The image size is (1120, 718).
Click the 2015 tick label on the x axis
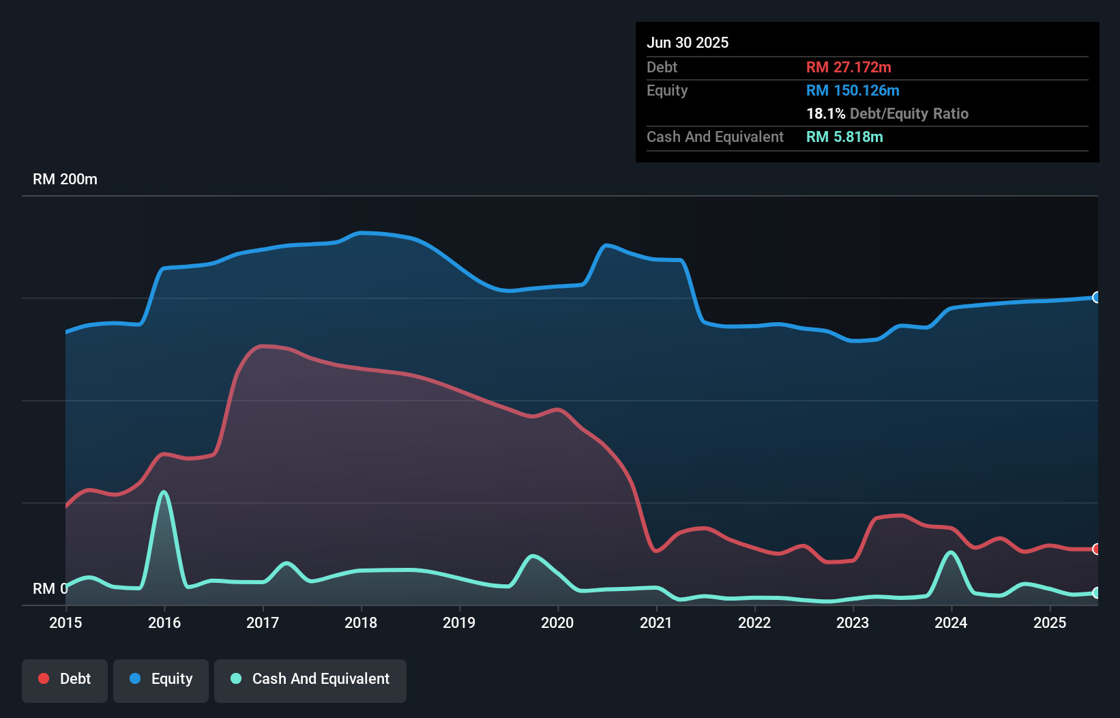pos(65,622)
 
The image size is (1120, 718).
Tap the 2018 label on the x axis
pos(361,622)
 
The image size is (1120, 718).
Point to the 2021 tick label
pos(656,622)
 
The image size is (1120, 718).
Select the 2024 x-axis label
pos(951,622)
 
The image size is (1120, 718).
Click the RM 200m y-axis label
pos(65,179)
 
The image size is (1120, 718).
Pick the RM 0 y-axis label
pos(50,588)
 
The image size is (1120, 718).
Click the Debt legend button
pos(65,679)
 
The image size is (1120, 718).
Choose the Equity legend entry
pos(161,679)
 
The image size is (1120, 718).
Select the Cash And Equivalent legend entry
pos(310,679)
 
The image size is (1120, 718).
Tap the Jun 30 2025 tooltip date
pos(688,42)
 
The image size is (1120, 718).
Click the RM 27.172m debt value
pos(849,67)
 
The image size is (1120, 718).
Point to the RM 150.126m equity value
pos(853,90)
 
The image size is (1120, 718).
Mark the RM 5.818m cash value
pos(844,137)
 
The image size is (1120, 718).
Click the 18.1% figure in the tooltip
pos(825,113)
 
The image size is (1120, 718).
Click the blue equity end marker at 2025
pos(1096,297)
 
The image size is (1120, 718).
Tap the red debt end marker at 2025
pos(1096,549)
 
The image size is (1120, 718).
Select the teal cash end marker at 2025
pos(1096,592)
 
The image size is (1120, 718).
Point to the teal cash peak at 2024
pos(951,552)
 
